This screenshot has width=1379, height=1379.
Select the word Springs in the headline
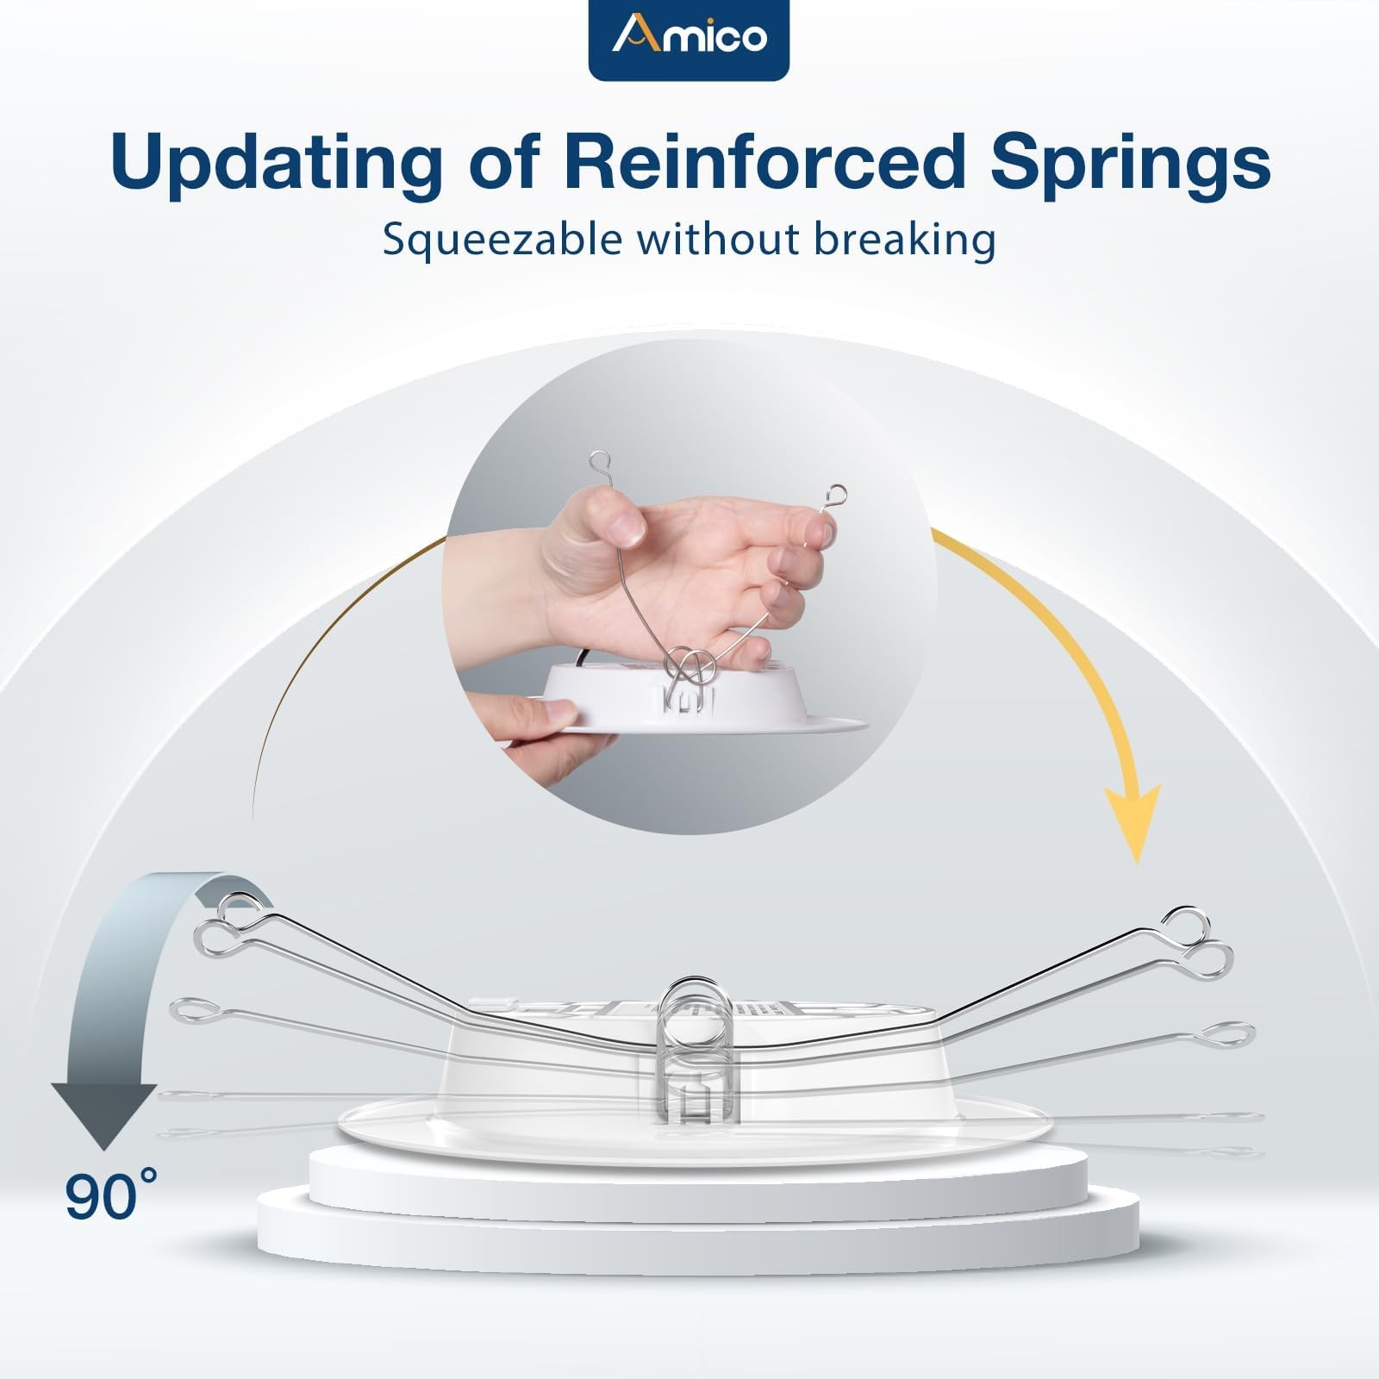pos(1130,161)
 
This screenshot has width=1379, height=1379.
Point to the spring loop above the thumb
pos(601,465)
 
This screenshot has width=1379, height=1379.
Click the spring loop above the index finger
pos(834,496)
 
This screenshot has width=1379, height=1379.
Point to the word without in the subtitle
pos(720,239)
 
